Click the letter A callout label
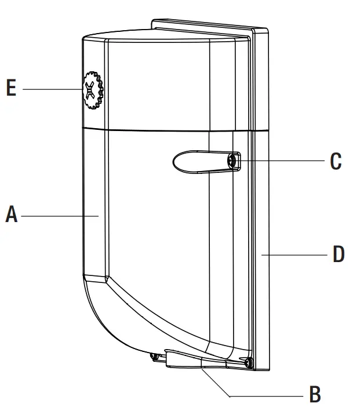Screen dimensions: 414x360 coord(11,215)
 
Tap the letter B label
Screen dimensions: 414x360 coord(315,395)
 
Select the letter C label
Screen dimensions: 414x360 coord(336,161)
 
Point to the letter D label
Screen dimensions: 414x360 coord(339,254)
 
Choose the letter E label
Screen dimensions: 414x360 coord(11,89)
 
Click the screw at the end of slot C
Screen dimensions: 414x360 coord(233,161)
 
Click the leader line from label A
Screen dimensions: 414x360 coord(58,216)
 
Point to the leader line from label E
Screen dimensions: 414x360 coord(52,89)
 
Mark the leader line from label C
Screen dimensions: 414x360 coord(278,161)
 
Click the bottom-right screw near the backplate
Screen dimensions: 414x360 coord(248,362)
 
